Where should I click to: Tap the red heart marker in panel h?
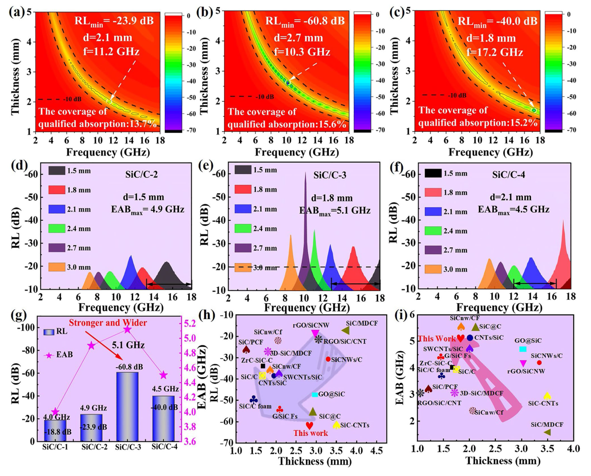tap(310, 425)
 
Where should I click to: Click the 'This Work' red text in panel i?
tap(436, 339)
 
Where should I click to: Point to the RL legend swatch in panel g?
tap(49, 332)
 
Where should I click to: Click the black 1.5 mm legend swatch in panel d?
tap(57, 170)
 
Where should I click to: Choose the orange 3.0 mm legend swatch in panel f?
tap(433, 269)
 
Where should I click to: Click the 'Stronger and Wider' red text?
tap(108, 323)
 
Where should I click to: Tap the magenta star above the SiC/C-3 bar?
tap(127, 330)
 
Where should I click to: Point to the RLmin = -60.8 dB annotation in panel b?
tap(305, 21)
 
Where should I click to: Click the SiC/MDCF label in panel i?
tap(547, 424)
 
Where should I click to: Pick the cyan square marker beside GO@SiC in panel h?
tap(315, 394)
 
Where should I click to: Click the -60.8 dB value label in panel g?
tap(129, 367)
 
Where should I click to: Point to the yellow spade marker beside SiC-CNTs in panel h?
tap(336, 424)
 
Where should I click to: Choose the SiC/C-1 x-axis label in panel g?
tap(55, 447)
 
